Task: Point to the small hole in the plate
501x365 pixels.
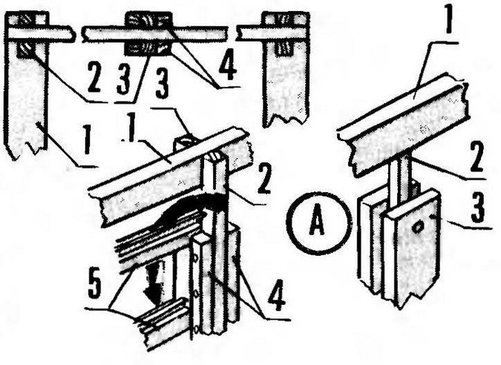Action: pyautogui.click(x=416, y=228)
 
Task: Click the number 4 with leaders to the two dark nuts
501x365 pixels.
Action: pyautogui.click(x=227, y=68)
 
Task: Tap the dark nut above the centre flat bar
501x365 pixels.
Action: pyautogui.click(x=149, y=19)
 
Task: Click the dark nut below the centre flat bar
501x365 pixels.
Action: pyautogui.click(x=147, y=49)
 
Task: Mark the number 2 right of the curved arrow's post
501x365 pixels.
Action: pyautogui.click(x=264, y=182)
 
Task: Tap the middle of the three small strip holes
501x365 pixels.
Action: pyautogui.click(x=196, y=292)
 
